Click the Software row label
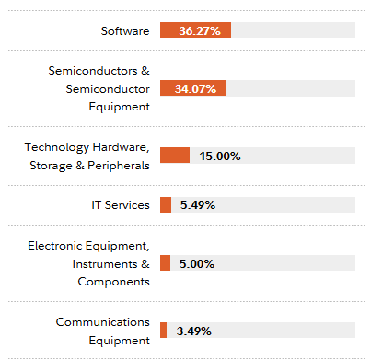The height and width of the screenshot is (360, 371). pos(125,30)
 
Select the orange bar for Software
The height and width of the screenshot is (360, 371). pos(195,30)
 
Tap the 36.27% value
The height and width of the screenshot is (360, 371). pos(200,30)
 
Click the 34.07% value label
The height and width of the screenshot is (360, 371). pos(198,88)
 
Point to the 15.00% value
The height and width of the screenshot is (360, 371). pos(220,156)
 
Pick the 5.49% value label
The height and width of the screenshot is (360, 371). pos(197,204)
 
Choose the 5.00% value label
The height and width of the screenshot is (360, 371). pos(197,263)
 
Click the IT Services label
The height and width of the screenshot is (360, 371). pos(114,204)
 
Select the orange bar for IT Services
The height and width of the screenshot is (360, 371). pos(166,204)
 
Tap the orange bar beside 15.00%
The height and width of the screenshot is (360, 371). pos(175,156)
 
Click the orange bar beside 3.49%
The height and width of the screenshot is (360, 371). pos(163,330)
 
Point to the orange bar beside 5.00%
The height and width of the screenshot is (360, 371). pos(165,263)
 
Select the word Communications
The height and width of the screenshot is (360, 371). pos(102,321)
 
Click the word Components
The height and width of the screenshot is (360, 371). pos(113,281)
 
